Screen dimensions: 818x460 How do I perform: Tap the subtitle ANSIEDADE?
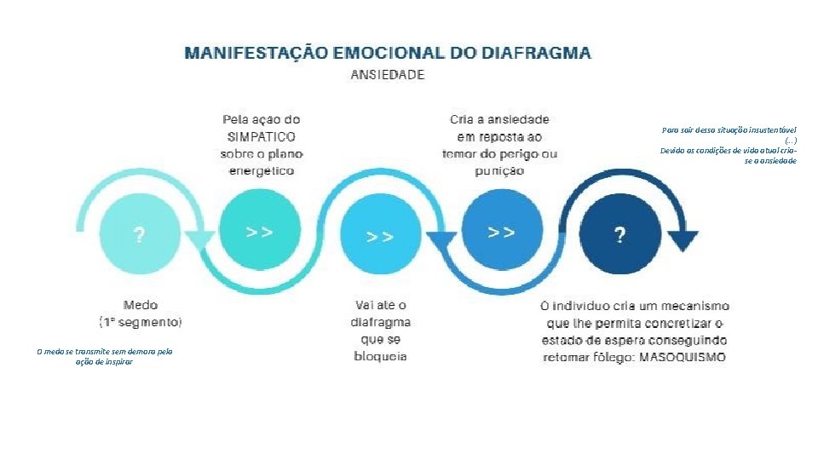pyautogui.click(x=388, y=75)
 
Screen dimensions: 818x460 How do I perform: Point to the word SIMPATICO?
pyautogui.click(x=260, y=136)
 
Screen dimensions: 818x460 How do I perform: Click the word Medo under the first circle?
pyautogui.click(x=141, y=304)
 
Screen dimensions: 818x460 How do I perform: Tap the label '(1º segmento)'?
pyautogui.click(x=141, y=322)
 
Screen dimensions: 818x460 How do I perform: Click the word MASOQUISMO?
pyautogui.click(x=682, y=357)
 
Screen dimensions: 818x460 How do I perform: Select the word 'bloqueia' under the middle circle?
pyautogui.click(x=380, y=355)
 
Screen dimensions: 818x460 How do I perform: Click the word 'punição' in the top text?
pyautogui.click(x=500, y=170)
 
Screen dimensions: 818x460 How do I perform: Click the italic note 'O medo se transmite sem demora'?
pyautogui.click(x=104, y=350)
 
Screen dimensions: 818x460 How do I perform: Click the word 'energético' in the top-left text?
pyautogui.click(x=260, y=170)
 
